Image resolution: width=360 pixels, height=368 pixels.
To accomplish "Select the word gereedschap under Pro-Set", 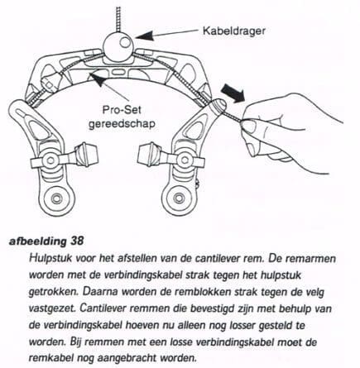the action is pyautogui.click(x=123, y=121).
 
